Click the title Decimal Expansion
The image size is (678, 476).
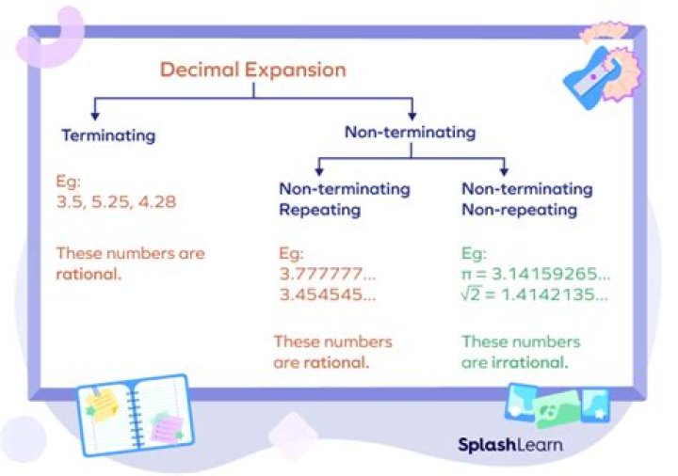[253, 70]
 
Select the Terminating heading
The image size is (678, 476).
[108, 135]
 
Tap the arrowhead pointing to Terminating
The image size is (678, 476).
[95, 116]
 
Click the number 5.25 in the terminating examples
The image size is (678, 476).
[111, 201]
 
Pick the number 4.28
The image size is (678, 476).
[157, 201]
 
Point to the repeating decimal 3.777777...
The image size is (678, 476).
[328, 274]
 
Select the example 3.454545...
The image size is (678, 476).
[328, 294]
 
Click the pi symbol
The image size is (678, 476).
[467, 275]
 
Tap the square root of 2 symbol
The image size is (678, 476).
[471, 294]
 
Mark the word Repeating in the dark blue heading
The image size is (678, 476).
[320, 210]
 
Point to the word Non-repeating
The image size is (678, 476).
[519, 210]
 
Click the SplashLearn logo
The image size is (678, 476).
[510, 444]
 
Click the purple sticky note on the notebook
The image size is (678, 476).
[167, 428]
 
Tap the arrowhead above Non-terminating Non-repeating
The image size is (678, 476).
[504, 171]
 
